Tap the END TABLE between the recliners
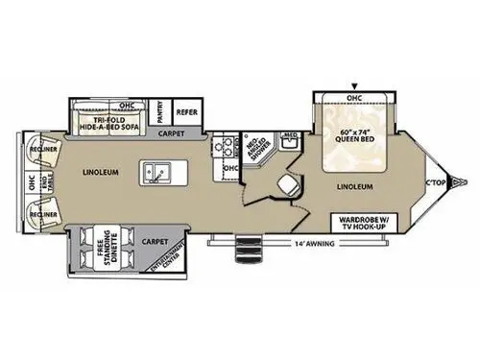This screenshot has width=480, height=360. (x=44, y=181)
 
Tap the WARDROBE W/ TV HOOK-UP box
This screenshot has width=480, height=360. (x=363, y=223)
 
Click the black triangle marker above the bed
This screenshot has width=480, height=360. (x=353, y=85)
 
